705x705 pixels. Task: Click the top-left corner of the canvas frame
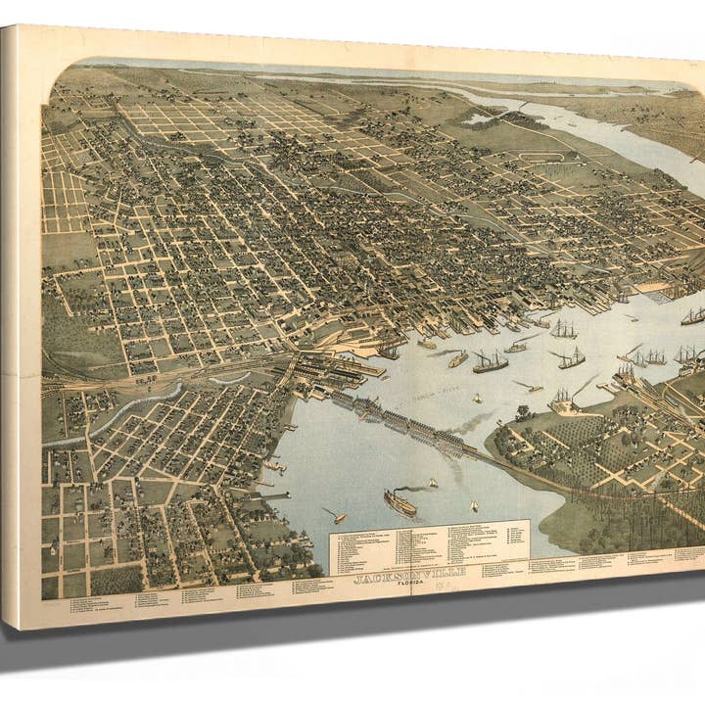pyautogui.click(x=5, y=26)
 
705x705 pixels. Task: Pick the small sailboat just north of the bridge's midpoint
pyautogui.click(x=477, y=399)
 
